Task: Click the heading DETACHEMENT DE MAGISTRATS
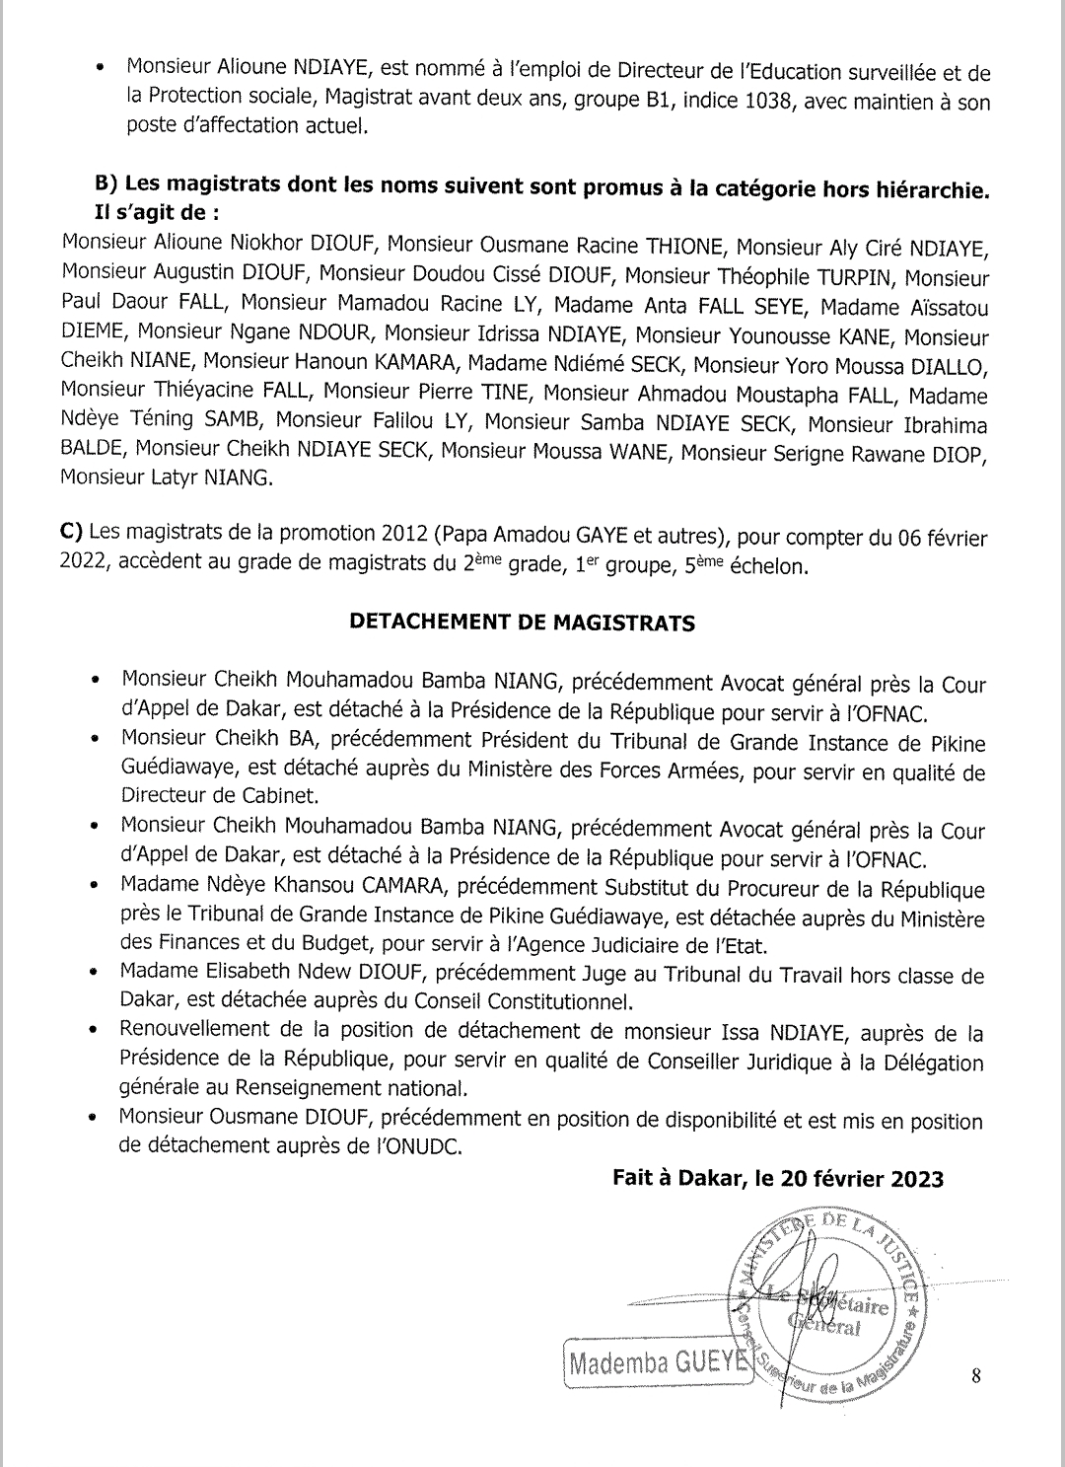pos(523,623)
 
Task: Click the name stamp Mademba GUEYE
pos(658,1363)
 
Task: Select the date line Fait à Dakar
pos(777,1178)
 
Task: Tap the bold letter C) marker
pos(71,532)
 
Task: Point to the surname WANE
pos(637,453)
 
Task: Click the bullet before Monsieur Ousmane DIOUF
pos(94,1120)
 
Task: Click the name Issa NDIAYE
pos(783,1033)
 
